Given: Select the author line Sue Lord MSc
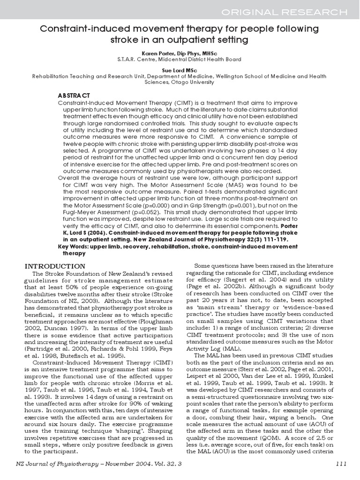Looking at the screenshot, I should click(x=180, y=68).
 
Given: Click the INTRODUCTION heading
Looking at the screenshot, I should click(x=55, y=266).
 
